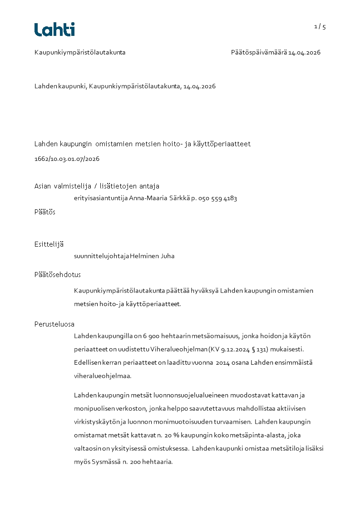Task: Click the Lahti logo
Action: click(54, 30)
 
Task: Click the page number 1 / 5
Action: click(320, 27)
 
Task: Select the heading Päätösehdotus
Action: click(58, 275)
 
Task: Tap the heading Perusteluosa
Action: click(54, 324)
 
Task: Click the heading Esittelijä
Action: click(49, 244)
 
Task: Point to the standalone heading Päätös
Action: click(45, 212)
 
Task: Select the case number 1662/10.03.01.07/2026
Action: click(67, 159)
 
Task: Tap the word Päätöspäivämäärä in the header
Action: click(259, 52)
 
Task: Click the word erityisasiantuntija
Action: click(101, 198)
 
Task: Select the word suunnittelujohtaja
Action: click(101, 256)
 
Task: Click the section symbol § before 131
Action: click(258, 349)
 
